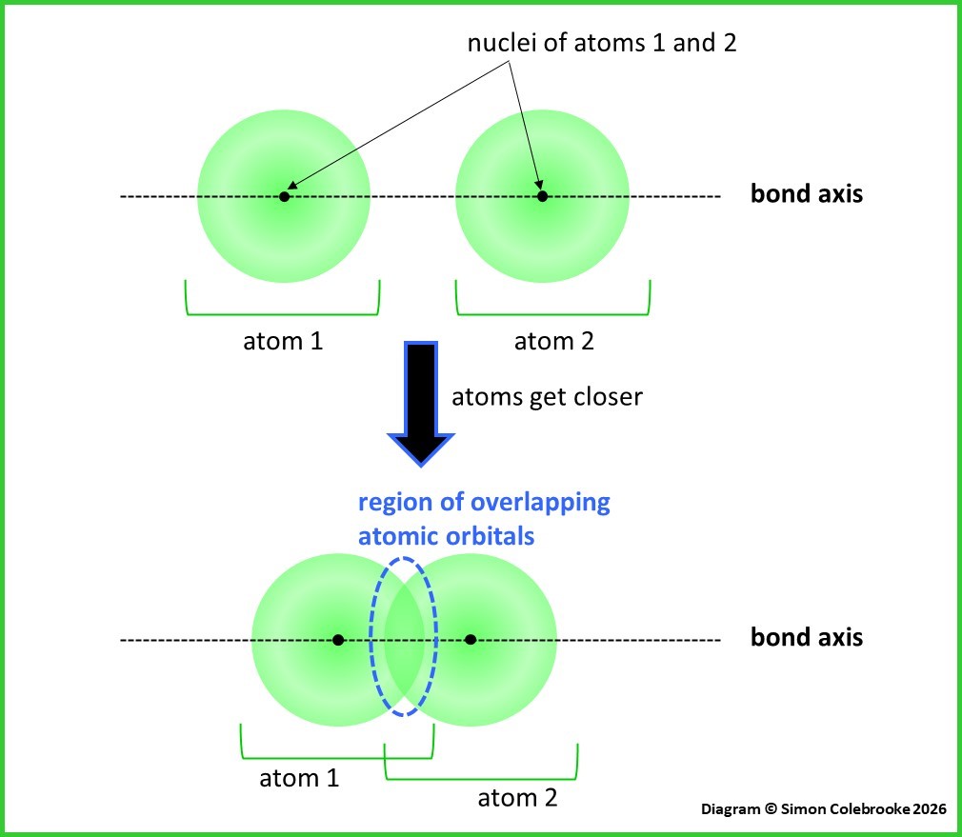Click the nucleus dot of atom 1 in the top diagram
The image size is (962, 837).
click(284, 196)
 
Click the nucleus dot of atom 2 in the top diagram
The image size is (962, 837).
click(542, 196)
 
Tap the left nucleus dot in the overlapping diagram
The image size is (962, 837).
click(338, 639)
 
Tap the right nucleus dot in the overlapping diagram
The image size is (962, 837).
click(471, 639)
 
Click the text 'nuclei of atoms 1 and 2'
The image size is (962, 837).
click(601, 43)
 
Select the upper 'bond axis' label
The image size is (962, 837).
click(807, 195)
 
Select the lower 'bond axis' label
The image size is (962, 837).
click(807, 637)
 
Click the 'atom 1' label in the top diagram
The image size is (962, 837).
click(283, 340)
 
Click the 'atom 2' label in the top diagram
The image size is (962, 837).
click(553, 340)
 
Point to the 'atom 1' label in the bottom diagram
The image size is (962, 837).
click(299, 778)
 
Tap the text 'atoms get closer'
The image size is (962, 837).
click(547, 396)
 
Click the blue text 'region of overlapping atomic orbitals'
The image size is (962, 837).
click(483, 519)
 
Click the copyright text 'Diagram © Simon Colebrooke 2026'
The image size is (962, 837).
click(823, 808)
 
